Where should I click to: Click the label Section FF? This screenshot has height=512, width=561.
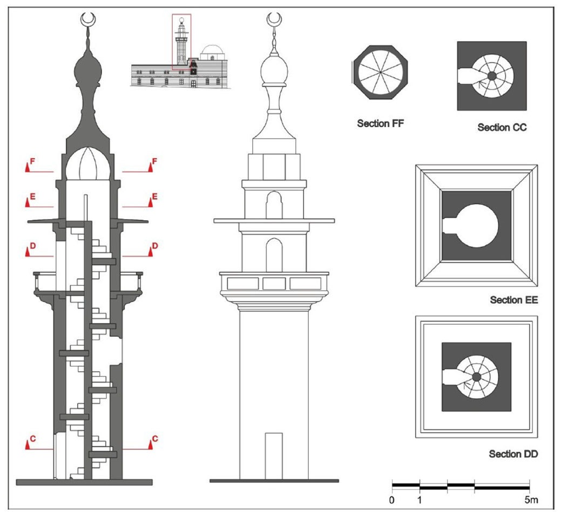(380, 124)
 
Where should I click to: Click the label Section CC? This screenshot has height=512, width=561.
(502, 128)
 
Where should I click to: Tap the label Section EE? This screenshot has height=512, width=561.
(513, 300)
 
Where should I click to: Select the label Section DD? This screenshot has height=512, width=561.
(513, 454)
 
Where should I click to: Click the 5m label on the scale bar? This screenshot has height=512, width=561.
(530, 500)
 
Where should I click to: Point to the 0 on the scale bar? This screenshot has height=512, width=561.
(392, 500)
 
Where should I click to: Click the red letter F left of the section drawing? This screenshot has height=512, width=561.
(32, 161)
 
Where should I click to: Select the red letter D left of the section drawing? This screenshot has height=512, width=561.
(32, 246)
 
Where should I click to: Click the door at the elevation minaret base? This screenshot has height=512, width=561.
(274, 455)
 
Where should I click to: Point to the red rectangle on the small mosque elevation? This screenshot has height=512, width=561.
(181, 42)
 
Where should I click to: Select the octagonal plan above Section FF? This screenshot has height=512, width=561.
(380, 72)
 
